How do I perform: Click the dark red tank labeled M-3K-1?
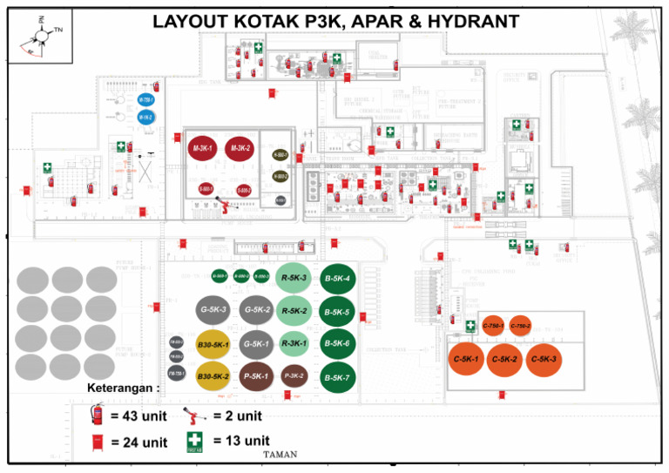[201, 150]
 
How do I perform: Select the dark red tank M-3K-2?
[240, 149]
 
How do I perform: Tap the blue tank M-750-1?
[145, 100]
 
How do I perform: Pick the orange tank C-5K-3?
[544, 359]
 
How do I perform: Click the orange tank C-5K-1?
[465, 359]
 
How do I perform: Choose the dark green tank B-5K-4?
[337, 279]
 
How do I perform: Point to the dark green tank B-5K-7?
[337, 378]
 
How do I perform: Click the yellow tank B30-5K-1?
[213, 345]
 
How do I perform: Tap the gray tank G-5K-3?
[213, 309]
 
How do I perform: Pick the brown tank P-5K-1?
[256, 376]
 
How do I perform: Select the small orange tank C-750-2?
[520, 326]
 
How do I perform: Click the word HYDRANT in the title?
[468, 21]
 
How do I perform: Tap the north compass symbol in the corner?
[42, 35]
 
